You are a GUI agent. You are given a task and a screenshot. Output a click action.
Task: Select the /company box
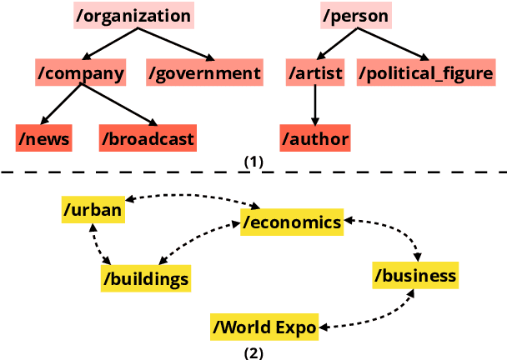80,73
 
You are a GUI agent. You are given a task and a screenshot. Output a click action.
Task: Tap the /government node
204,73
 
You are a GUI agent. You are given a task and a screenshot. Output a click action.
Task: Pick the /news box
43,137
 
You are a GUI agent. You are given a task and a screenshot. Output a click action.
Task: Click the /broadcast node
148,137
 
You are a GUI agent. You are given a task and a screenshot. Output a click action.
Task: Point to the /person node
354,16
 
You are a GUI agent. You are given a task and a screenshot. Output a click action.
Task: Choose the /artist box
314,73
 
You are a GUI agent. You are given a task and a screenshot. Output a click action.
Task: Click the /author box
314,137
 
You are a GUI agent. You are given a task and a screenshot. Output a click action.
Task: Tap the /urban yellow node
93,209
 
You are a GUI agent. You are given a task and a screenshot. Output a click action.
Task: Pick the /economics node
291,221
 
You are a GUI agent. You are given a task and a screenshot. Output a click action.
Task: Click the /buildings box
146,277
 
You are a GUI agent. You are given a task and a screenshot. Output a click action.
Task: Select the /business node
414,275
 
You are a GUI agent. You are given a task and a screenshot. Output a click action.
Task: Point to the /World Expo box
264,327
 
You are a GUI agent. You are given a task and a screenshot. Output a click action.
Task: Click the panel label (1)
253,162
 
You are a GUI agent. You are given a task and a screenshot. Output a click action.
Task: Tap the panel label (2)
253,352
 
